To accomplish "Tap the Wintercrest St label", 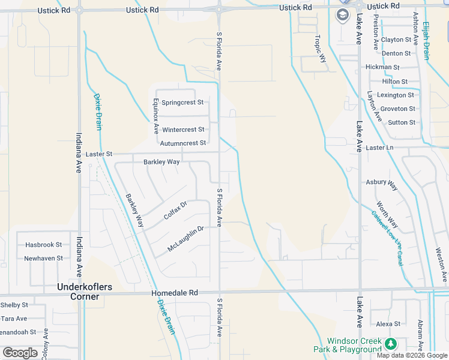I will (183, 130).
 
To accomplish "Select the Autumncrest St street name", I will (183, 143).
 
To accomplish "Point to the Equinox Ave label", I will (155, 116).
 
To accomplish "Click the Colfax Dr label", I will (175, 210).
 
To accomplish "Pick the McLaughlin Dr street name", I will (186, 238).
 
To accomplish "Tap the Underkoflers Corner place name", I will (85, 292).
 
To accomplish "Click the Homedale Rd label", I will (179, 293).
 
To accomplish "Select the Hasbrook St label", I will (43, 245).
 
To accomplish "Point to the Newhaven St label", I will (43, 259).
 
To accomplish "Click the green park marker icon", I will (391, 344).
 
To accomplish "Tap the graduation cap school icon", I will (343, 15).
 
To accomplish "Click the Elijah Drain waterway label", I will (426, 41).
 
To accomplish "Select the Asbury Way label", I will (382, 184).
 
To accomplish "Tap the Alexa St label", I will (388, 324).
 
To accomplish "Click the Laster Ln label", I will (379, 148).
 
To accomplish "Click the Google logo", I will (20, 353).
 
